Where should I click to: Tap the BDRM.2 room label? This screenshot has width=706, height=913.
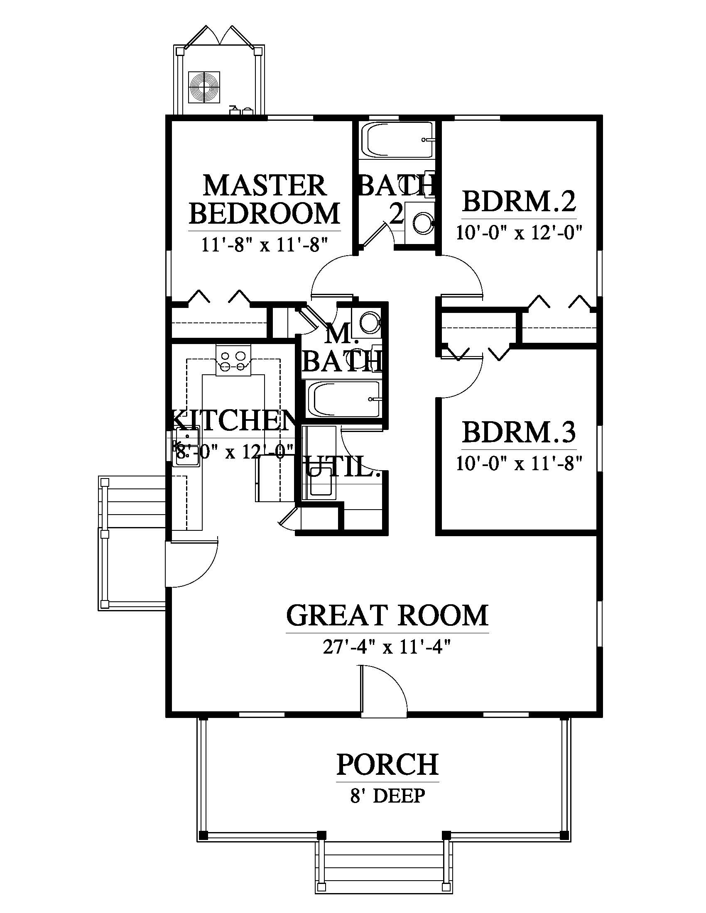click(519, 202)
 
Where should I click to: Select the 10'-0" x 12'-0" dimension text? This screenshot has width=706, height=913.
click(519, 232)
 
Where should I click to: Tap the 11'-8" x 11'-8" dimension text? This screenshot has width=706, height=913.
click(264, 244)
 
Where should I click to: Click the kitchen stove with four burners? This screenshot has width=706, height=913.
click(233, 361)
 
